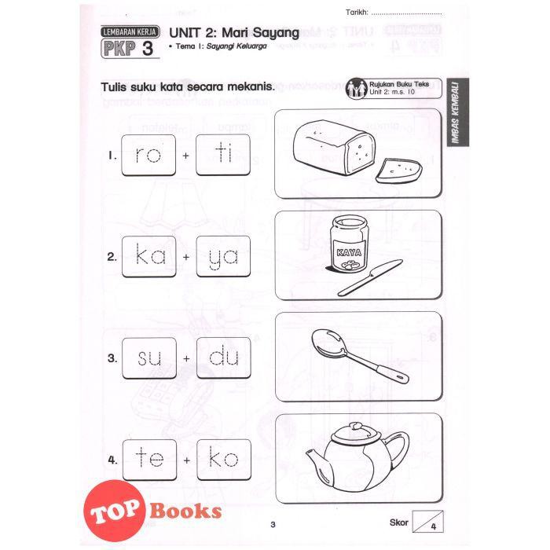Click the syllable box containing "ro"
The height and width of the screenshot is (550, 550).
(148, 155)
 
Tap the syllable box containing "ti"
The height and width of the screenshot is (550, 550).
(223, 155)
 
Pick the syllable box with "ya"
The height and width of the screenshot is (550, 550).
(223, 256)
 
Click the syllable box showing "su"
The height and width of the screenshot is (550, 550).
(149, 358)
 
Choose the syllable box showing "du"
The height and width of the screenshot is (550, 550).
(224, 357)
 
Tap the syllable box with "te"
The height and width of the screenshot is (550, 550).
(149, 460)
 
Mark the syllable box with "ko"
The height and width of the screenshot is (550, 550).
(224, 460)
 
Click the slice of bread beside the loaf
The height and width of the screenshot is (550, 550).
(399, 170)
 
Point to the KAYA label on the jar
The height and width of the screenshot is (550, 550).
(349, 252)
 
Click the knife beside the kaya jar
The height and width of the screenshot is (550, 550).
(370, 277)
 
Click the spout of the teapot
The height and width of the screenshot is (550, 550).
(315, 459)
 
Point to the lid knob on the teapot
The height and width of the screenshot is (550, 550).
(357, 427)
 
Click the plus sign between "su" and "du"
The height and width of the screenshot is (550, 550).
(186, 358)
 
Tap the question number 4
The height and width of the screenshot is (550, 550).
(112, 460)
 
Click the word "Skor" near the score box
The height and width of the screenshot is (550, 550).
(399, 522)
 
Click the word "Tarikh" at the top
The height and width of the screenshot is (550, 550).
(357, 13)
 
